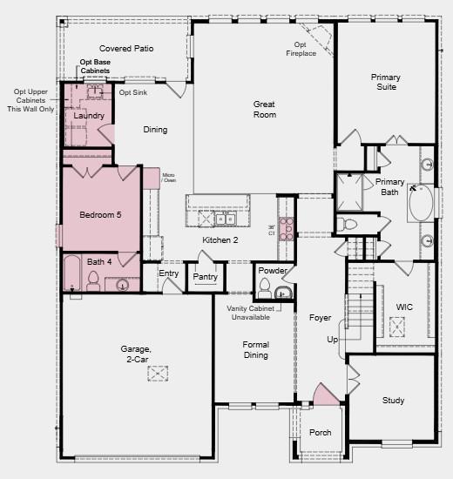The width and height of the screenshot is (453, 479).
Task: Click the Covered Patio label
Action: pos(126,49)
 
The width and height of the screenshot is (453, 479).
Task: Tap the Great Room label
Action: pos(264,109)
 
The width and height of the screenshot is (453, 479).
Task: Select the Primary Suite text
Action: pos(384,82)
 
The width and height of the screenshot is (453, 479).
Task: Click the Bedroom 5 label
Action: pos(101,213)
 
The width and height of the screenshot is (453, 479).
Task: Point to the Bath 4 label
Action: pos(99,261)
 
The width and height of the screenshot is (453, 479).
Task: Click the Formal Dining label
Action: pos(256,349)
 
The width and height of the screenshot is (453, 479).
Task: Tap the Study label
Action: pos(393,401)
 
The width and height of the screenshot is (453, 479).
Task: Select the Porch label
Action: pos(321,433)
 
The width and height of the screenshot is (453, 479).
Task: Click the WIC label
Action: pos(404,307)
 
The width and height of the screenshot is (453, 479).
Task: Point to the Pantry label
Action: pos(205,277)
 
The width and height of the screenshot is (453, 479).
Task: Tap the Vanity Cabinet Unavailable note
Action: pos(251,314)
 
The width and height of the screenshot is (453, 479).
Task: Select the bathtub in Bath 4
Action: pos(71,275)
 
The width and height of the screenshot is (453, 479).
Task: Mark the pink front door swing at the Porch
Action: pos(326,395)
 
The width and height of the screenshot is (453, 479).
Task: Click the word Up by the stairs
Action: pos(331,339)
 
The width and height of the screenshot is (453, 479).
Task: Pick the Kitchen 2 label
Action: pos(220,240)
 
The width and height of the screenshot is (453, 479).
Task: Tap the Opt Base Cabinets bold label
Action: pos(95,66)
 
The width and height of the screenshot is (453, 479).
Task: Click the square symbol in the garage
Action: pos(158,373)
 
